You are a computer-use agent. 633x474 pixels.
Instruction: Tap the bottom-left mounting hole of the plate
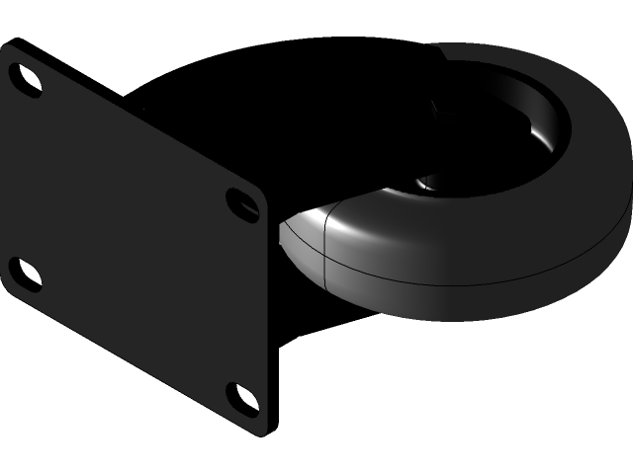(24, 275)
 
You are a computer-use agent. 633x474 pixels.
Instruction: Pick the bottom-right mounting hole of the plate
(241, 398)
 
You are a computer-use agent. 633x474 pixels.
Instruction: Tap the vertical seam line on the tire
(325, 247)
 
